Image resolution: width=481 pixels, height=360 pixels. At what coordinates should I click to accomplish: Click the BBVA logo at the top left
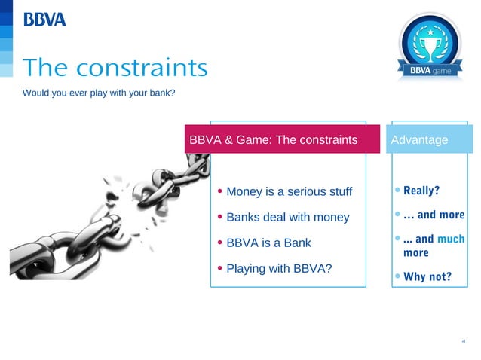coord(44,20)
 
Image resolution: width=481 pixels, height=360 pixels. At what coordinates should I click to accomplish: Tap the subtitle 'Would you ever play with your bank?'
coord(99,93)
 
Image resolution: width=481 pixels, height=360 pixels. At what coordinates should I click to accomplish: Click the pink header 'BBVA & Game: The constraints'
coord(273,140)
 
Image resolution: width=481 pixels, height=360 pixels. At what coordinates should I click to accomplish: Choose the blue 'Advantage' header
coord(419,140)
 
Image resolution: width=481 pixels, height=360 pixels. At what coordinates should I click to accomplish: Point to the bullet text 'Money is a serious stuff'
coord(289,191)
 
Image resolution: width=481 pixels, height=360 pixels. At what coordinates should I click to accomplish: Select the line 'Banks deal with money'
coord(287,217)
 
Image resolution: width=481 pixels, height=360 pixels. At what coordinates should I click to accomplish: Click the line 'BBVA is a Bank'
coord(268,243)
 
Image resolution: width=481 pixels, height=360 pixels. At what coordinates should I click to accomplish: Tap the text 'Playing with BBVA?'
coord(279,268)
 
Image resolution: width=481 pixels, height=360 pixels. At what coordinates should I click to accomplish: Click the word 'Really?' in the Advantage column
coord(421,190)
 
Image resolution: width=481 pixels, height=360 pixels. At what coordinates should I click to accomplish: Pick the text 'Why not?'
coord(427,276)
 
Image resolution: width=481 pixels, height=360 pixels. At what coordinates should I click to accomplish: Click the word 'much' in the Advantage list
coord(451,239)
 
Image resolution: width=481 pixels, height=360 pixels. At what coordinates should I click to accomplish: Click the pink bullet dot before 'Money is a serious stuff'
coord(219,191)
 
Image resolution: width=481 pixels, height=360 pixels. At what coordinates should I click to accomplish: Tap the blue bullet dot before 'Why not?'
coord(397,276)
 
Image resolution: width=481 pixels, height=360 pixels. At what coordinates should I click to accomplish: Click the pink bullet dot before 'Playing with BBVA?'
coord(219,268)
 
